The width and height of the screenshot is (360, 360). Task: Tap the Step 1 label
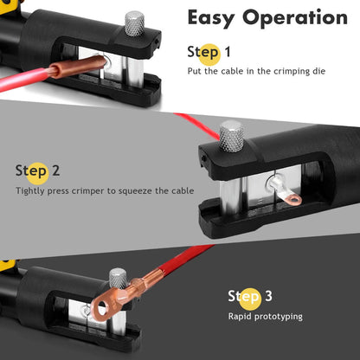(209, 53)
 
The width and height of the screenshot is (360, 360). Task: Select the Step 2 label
(37, 170)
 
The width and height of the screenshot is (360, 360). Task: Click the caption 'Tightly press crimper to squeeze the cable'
(104, 190)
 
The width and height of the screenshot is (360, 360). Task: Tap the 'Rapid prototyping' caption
(265, 317)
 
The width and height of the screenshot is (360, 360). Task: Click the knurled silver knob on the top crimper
(133, 22)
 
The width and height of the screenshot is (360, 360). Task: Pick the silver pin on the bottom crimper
(117, 279)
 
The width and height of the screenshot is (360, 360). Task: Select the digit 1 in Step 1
(227, 53)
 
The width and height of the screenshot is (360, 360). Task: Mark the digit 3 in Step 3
(268, 297)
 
